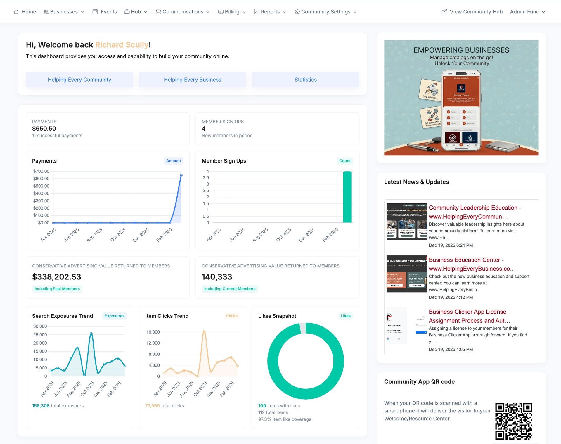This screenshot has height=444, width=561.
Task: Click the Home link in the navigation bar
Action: pyautogui.click(x=25, y=12)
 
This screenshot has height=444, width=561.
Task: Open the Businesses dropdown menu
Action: pyautogui.click(x=64, y=12)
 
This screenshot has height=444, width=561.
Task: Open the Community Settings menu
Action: pyautogui.click(x=326, y=12)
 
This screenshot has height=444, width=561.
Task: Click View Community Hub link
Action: pyautogui.click(x=472, y=12)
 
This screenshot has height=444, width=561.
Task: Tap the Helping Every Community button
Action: pyautogui.click(x=79, y=80)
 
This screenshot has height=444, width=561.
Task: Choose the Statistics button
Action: pyautogui.click(x=305, y=80)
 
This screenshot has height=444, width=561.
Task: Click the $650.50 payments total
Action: pyautogui.click(x=44, y=129)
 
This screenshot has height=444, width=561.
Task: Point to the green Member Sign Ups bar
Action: pyautogui.click(x=347, y=197)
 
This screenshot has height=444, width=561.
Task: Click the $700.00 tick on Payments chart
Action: pyautogui.click(x=41, y=171)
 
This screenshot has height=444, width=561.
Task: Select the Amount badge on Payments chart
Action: pyautogui.click(x=174, y=161)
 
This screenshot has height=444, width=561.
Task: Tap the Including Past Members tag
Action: pyautogui.click(x=57, y=289)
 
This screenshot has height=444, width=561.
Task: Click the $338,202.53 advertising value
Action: pyautogui.click(x=57, y=277)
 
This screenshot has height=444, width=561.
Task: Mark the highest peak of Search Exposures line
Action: pyautogui.click(x=91, y=334)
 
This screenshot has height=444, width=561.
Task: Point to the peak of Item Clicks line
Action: pyautogui.click(x=204, y=331)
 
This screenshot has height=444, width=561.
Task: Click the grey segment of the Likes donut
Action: pyautogui.click(x=303, y=328)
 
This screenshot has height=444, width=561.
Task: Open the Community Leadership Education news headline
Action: pyautogui.click(x=475, y=212)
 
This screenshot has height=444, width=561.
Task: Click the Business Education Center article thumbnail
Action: pyautogui.click(x=406, y=274)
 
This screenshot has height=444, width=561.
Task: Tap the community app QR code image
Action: pyautogui.click(x=513, y=421)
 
